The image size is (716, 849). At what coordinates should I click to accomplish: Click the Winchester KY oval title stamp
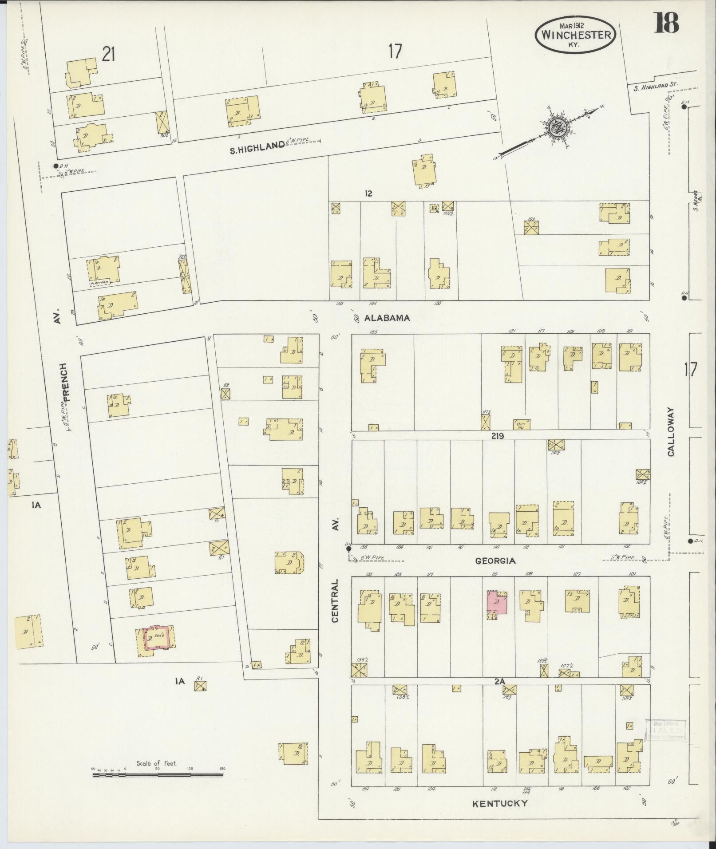click(575, 34)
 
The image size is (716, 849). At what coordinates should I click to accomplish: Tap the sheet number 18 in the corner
click(666, 24)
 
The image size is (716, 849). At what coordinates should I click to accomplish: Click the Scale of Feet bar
click(158, 464)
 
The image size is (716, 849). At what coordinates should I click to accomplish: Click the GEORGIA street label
click(495, 561)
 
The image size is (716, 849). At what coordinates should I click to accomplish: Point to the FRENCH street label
click(65, 382)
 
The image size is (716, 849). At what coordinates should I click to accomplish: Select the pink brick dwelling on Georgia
click(497, 603)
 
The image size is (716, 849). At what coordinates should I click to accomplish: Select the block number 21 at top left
click(109, 55)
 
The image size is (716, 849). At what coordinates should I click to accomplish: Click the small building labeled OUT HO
click(521, 425)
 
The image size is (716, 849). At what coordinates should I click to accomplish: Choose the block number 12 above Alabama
click(368, 193)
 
